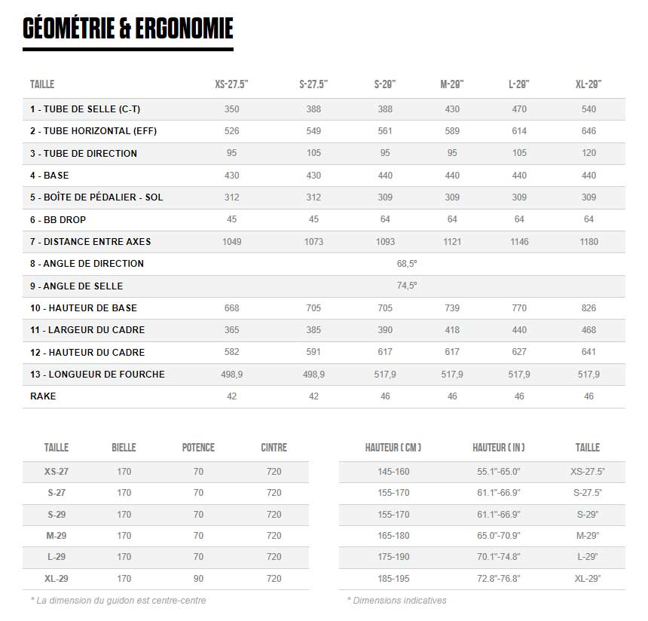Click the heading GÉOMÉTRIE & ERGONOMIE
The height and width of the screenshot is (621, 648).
coord(128,28)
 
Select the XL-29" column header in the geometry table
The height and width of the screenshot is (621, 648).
coord(588,84)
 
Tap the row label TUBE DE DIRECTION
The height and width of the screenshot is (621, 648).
coord(84,154)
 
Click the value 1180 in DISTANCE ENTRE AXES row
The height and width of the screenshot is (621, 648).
coord(588,242)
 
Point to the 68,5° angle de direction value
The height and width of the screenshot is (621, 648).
coord(407,264)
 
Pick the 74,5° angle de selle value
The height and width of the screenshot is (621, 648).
coord(407,286)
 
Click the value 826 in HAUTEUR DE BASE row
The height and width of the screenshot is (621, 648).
coord(588,308)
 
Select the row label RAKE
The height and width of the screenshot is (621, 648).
coord(43,396)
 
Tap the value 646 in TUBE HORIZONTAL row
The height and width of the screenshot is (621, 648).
coord(588,131)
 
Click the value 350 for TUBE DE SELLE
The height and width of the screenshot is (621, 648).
coord(232,109)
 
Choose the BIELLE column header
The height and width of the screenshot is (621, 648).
coord(124,448)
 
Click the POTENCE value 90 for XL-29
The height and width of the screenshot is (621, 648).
coord(198,579)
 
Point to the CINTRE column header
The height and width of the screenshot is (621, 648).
coord(274,448)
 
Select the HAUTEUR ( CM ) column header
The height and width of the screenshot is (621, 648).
coord(393,448)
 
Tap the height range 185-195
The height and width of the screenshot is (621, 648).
coord(393,579)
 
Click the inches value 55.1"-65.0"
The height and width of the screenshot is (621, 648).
coord(499,472)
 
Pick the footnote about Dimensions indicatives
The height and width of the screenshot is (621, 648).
coord(396,601)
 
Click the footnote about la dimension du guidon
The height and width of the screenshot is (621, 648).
coord(118,601)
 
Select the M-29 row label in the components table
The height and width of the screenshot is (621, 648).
coord(57,536)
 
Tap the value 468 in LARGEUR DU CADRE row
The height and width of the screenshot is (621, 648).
coord(588,330)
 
